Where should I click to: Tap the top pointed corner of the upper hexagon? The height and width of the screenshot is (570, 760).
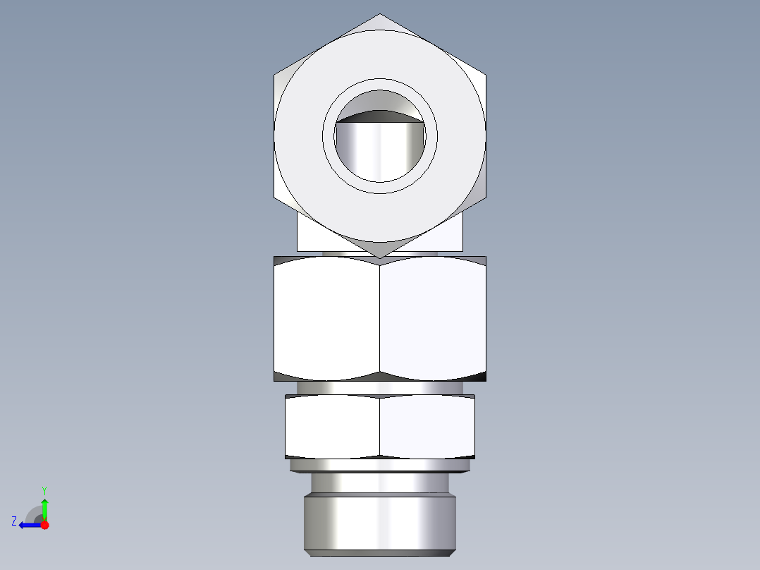(x=380, y=16)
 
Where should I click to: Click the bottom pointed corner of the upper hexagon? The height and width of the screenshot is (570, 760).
(x=380, y=256)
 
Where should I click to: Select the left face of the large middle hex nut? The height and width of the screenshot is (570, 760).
(x=326, y=317)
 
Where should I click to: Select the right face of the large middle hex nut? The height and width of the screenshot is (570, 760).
(x=433, y=317)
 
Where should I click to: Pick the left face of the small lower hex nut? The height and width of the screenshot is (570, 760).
(x=332, y=426)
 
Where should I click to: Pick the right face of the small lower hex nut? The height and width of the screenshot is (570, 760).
(x=427, y=426)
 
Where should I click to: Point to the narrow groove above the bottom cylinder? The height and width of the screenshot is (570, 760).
(x=380, y=483)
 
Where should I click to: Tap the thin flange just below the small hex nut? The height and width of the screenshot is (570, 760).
(x=380, y=465)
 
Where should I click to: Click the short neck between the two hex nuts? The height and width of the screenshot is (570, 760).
(x=380, y=387)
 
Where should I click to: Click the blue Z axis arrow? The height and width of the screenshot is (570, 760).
(x=28, y=525)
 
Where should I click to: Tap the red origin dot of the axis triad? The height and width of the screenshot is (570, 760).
(x=44, y=525)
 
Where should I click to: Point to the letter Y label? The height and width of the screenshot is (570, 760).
(x=44, y=490)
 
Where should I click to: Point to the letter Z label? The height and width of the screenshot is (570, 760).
(x=14, y=521)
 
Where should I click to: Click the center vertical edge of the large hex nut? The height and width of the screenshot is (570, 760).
(x=380, y=317)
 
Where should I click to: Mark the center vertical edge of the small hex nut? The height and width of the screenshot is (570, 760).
(x=380, y=426)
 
